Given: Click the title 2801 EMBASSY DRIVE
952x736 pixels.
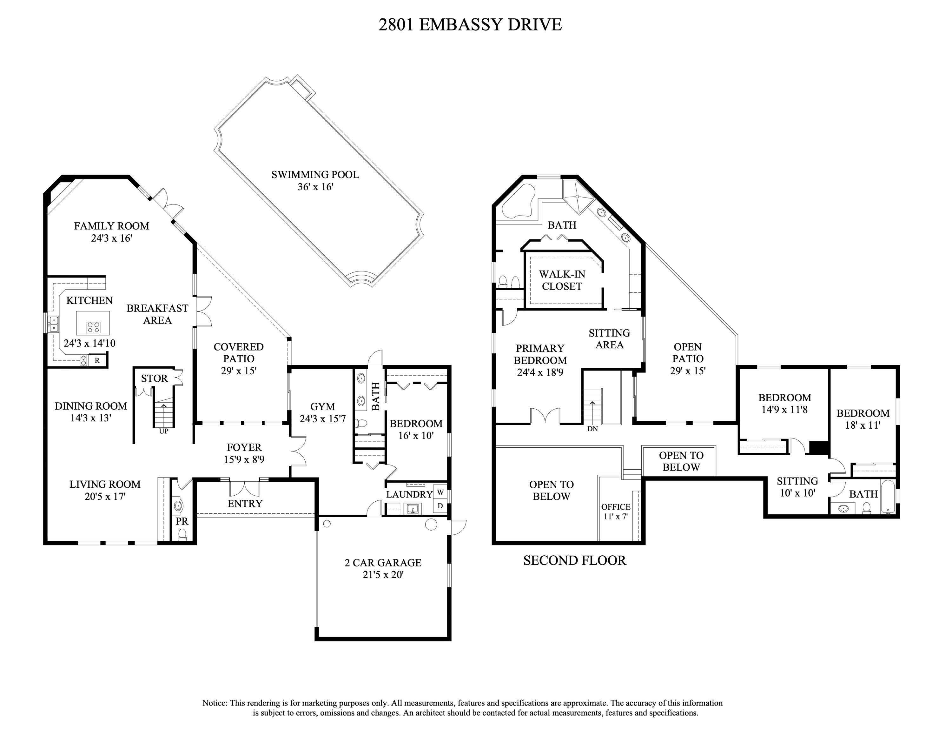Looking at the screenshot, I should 470,25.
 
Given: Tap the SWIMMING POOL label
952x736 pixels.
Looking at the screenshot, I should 315,175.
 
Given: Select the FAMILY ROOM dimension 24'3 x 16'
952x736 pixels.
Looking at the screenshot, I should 112,238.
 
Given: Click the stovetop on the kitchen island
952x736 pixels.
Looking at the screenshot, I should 94,327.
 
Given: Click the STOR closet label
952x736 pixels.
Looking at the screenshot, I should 154,378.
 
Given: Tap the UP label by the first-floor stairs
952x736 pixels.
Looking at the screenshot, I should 163,431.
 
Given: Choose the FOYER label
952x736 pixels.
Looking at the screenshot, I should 244,447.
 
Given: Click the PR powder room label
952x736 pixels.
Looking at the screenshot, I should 182,521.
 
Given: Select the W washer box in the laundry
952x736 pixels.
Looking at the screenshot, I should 440,492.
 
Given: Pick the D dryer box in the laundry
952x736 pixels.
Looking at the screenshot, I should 440,506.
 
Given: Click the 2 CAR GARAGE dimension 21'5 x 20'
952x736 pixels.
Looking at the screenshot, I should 383,575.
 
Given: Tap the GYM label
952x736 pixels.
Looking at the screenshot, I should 322,406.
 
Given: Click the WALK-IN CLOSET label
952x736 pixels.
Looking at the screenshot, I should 562,280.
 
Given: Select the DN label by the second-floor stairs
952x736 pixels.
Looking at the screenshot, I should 592,429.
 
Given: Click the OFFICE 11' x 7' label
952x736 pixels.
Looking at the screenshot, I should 616,512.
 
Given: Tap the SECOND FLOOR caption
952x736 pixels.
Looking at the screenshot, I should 574,561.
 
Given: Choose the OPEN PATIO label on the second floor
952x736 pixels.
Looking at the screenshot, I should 687,353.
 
